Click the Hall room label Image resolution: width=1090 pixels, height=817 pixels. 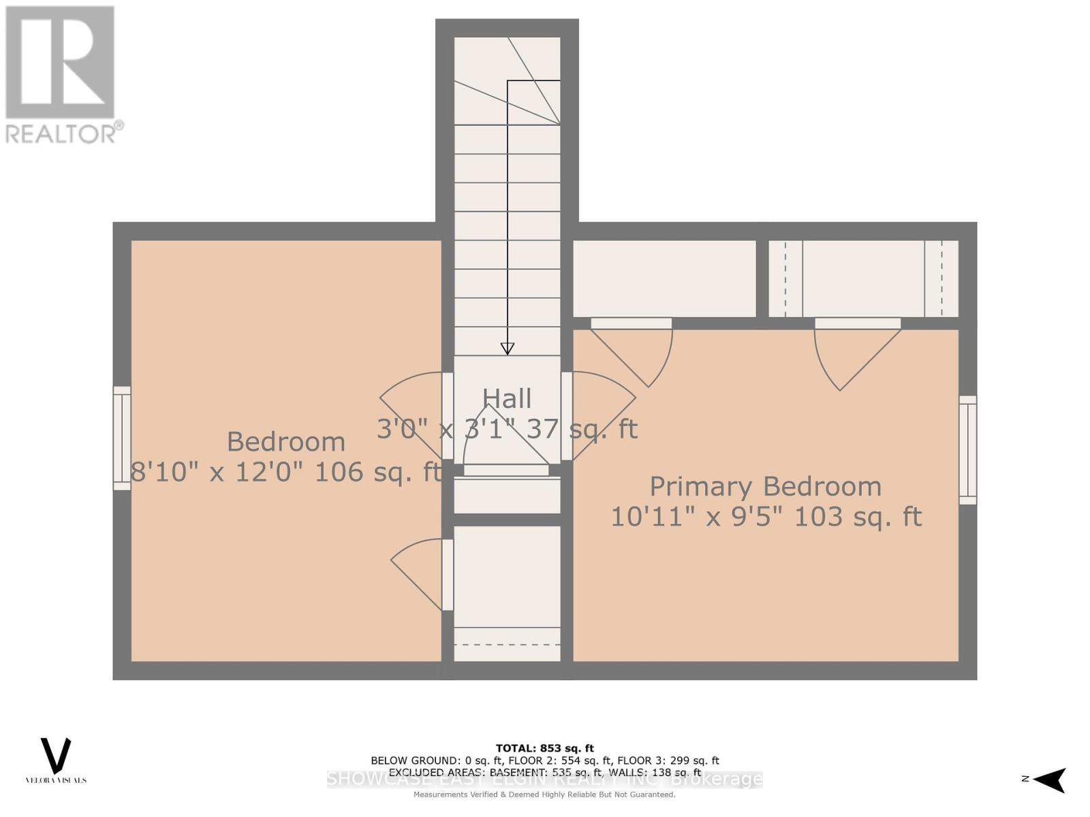[507, 398]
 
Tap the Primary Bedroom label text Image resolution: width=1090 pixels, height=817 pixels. [765, 487]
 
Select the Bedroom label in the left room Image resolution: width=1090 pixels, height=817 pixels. [285, 442]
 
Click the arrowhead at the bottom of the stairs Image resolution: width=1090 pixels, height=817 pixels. [507, 349]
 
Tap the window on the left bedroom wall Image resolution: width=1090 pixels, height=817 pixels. [122, 438]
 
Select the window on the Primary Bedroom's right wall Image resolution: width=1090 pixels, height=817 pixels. [967, 450]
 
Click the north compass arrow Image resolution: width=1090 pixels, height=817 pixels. [1050, 780]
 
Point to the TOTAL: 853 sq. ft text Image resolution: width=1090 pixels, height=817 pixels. [544, 748]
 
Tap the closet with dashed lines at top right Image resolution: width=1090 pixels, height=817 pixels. [863, 278]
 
